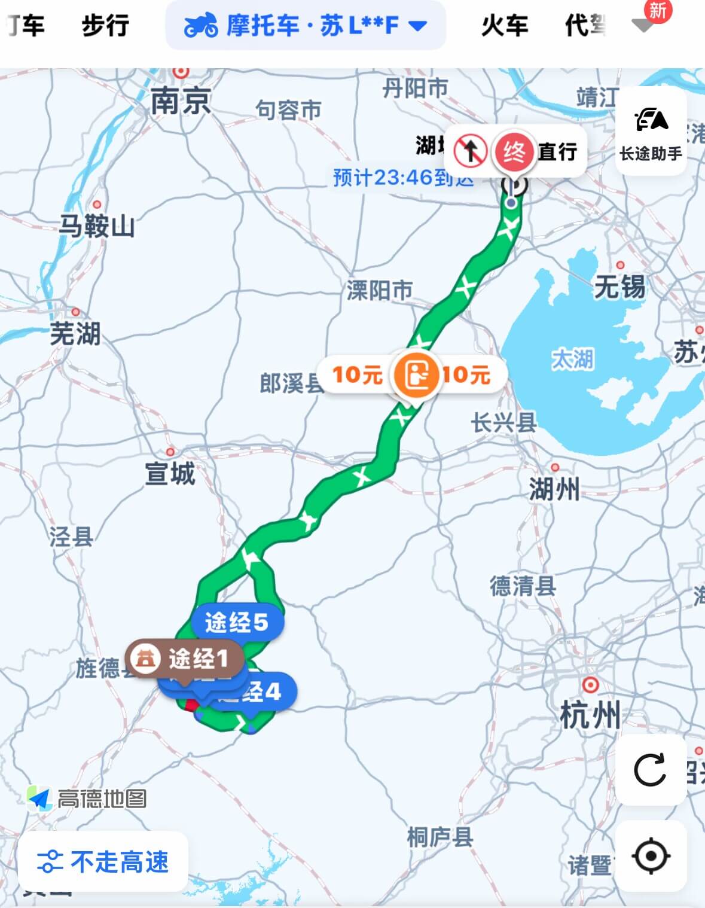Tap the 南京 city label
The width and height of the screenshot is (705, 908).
(x=180, y=100)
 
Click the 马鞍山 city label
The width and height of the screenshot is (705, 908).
(x=96, y=227)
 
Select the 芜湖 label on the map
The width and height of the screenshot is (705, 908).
(x=75, y=333)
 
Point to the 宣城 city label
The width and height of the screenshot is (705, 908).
(x=170, y=474)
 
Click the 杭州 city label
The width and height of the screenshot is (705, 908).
(x=590, y=715)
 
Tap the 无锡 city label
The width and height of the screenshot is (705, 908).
(x=619, y=287)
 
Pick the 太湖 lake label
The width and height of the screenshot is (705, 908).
(x=572, y=359)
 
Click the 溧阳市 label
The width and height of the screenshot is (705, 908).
(x=380, y=291)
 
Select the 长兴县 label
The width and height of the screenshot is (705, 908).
(x=503, y=423)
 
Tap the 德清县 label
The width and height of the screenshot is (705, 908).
(x=523, y=586)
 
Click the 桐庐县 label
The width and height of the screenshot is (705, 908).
(x=440, y=837)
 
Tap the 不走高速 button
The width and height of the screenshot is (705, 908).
(x=103, y=862)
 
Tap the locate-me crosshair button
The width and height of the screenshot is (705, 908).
(x=651, y=856)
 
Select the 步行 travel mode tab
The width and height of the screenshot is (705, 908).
(x=105, y=26)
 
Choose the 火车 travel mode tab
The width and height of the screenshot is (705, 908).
(x=505, y=26)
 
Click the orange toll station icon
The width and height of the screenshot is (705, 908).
(x=416, y=376)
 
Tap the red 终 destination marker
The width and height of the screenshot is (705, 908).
(x=513, y=152)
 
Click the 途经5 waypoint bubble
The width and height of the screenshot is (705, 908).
(x=237, y=623)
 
